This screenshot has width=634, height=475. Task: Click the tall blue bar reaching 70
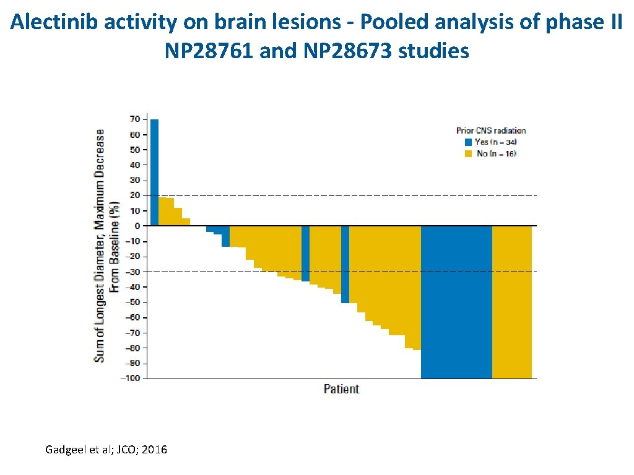(x=154, y=172)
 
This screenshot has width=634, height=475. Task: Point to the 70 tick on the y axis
(x=135, y=119)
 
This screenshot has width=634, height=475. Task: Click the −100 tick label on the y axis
(x=131, y=379)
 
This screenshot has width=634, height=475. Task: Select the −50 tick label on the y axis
(x=132, y=302)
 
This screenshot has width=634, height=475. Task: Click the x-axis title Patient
(x=341, y=389)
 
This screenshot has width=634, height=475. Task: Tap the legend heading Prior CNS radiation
(x=491, y=131)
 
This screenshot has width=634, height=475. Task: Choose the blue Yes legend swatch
(x=469, y=142)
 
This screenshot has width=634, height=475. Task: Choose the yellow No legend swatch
(x=469, y=153)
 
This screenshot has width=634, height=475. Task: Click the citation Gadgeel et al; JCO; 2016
(x=106, y=450)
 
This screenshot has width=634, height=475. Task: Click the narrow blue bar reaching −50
(x=345, y=264)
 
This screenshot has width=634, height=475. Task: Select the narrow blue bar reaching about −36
(x=305, y=254)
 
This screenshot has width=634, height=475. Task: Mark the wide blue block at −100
(x=456, y=302)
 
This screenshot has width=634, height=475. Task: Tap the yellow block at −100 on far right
(x=511, y=302)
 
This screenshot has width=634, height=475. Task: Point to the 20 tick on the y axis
(x=135, y=195)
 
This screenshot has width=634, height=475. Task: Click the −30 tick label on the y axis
(x=132, y=272)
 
